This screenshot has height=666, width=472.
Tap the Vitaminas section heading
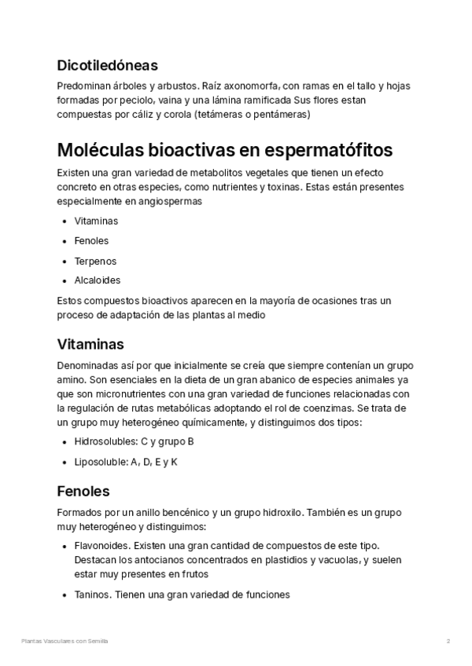[90, 344]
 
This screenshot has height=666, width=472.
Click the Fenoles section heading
[83, 492]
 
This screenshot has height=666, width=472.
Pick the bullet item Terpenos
[95, 261]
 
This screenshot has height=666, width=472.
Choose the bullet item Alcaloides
[98, 280]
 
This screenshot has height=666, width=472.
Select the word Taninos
[92, 595]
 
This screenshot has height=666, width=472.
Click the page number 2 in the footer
[448, 642]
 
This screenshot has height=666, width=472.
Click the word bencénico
[177, 513]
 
